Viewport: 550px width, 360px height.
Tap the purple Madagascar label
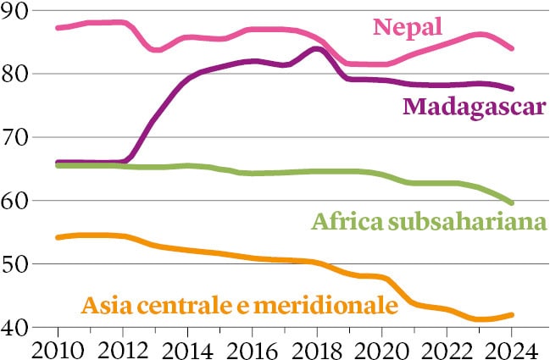coord(472,108)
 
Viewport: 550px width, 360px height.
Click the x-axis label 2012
coord(122,347)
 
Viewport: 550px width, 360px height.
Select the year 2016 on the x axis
coord(252,347)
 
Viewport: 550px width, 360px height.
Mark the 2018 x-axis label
coord(317,347)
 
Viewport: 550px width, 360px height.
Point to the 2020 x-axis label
coord(382,347)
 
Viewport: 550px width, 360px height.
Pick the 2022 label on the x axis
coord(447,347)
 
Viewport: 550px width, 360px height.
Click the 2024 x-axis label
coord(511,347)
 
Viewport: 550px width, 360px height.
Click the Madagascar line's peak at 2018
coord(316,48)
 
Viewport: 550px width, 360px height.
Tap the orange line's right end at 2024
coord(511,315)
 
